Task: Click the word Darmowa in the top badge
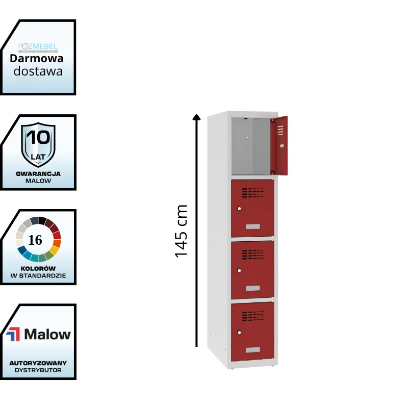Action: click(36, 59)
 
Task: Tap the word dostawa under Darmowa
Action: click(38, 71)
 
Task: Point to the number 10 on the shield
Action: click(38, 138)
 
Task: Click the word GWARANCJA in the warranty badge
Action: click(38, 173)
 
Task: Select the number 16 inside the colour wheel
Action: click(35, 240)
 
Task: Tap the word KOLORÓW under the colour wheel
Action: click(39, 268)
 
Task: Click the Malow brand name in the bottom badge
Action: click(47, 335)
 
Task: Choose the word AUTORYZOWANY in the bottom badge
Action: click(38, 363)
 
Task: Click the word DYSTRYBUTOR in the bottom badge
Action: click(38, 370)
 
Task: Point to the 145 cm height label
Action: click(182, 231)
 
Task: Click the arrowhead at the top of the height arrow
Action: click(196, 117)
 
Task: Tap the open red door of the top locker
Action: click(279, 145)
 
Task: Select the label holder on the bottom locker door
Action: click(252, 350)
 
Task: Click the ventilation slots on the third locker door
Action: click(252, 253)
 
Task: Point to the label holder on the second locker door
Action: click(252, 226)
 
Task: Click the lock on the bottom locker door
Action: click(239, 331)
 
